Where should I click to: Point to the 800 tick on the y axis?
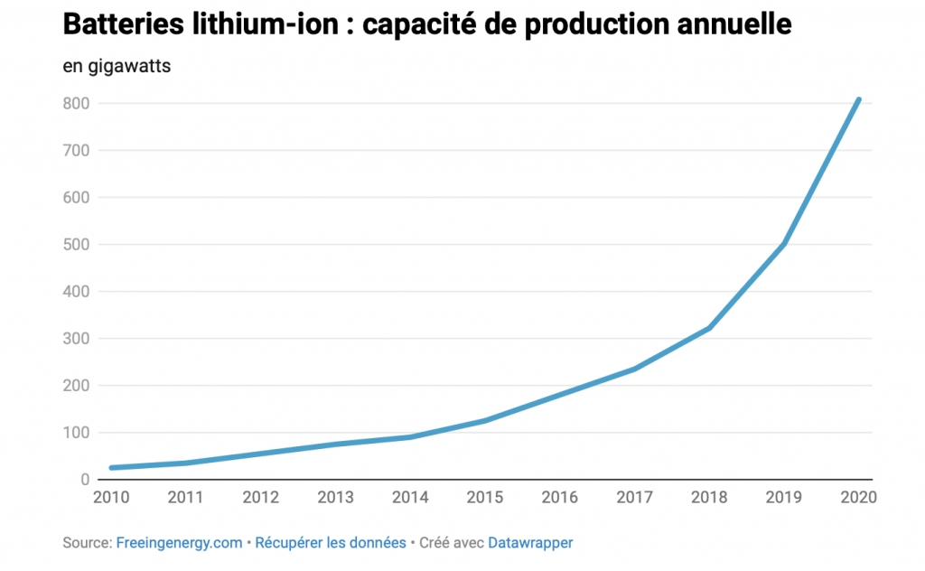coord(77,103)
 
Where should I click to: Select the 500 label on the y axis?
coord(77,244)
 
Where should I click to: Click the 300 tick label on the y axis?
coord(77,338)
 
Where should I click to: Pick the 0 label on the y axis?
coord(84,479)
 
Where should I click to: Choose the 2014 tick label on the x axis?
coord(411,497)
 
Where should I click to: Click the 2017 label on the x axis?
coord(635,497)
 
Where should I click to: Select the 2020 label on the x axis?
coord(859,497)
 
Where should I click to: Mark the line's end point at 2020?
coord(858,99)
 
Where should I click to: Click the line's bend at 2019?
coord(784,244)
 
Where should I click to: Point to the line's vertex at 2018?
coord(710,327)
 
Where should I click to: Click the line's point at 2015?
coord(486,420)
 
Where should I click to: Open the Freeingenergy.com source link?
coord(179,543)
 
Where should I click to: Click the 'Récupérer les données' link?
coord(331,543)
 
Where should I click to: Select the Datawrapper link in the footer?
coord(530,543)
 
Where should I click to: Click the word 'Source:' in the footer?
coord(88,543)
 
